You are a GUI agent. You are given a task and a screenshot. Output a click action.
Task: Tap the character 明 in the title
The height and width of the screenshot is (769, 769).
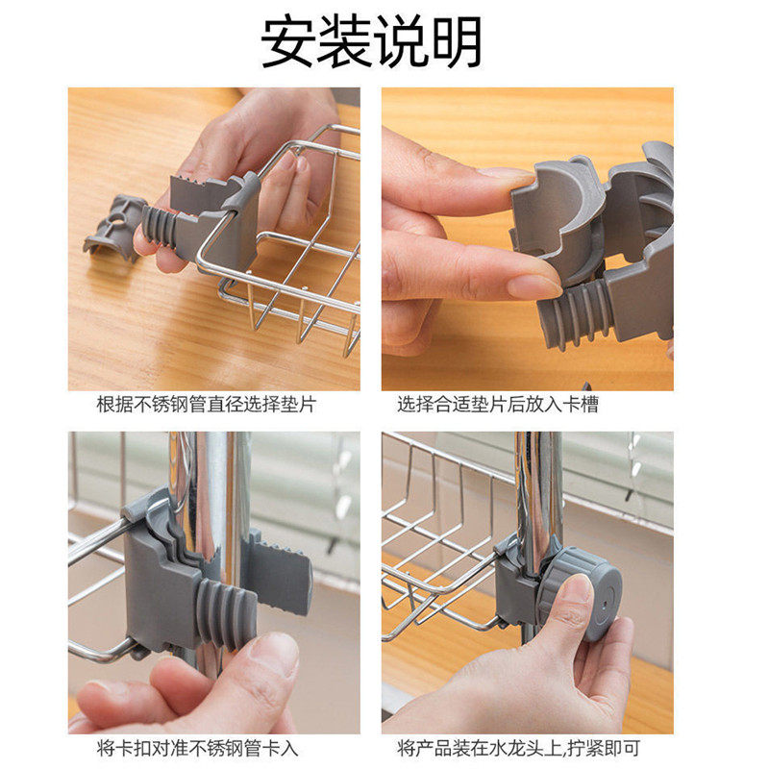point(455,42)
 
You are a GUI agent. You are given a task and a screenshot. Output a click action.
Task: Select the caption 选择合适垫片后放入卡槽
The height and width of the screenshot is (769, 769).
point(498,405)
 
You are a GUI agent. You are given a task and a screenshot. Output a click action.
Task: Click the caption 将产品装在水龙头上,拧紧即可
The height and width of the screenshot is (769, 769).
point(519,747)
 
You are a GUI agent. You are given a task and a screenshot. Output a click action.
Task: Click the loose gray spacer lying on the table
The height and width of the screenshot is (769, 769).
point(113,227)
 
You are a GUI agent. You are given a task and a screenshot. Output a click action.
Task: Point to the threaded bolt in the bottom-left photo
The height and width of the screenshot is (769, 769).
point(225,613)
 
